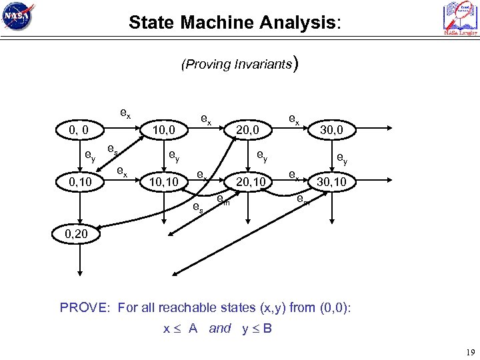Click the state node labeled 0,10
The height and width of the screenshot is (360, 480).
coord(79,181)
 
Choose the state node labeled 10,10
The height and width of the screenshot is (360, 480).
coord(163,181)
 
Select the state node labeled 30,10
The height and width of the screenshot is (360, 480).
coord(331,181)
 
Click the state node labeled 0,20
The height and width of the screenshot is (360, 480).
coord(79,235)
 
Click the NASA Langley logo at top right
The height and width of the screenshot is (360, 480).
coord(460,18)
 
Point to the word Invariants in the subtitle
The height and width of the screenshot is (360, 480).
coord(263,65)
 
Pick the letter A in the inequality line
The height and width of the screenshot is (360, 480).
coord(193,328)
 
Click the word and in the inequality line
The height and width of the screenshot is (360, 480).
coord(219,328)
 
